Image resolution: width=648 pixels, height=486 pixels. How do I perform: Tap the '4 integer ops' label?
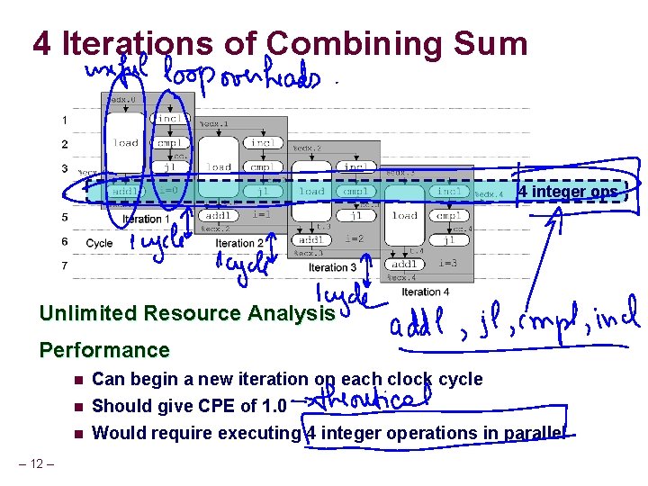point(568,192)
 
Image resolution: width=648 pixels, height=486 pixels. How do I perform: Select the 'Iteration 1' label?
point(142,219)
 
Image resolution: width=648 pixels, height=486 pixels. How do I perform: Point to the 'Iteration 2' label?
point(240,243)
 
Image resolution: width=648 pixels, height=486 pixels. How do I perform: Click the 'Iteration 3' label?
point(332,267)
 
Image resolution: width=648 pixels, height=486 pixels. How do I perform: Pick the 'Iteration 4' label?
point(426,292)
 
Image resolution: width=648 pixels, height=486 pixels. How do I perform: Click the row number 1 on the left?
point(64,120)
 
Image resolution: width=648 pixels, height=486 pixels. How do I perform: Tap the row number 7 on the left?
point(64,266)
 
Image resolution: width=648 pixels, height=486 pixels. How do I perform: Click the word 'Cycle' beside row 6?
point(99,243)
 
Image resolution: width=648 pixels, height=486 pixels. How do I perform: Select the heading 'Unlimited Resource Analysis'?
point(187,313)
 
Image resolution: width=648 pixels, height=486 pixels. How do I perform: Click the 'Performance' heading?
point(104,350)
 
